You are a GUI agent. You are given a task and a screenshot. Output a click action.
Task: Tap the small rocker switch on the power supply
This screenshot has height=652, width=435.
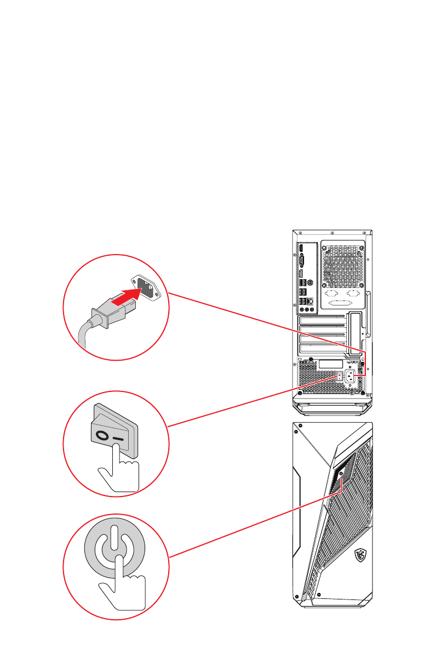(340, 376)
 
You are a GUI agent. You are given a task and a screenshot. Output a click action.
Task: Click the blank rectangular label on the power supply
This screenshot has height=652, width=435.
(330, 364)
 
